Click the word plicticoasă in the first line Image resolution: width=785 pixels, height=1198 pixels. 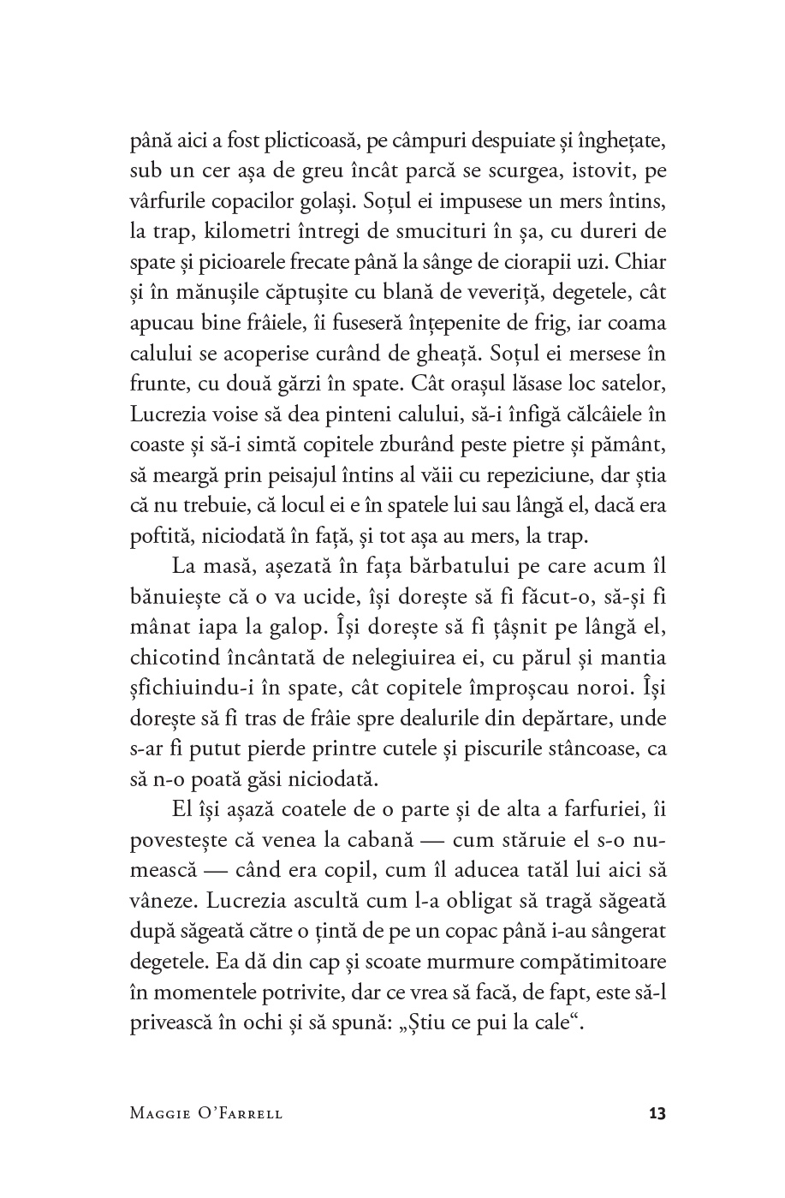click(318, 139)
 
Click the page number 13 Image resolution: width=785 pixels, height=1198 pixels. click(657, 1114)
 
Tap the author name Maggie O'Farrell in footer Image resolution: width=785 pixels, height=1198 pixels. click(206, 1114)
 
